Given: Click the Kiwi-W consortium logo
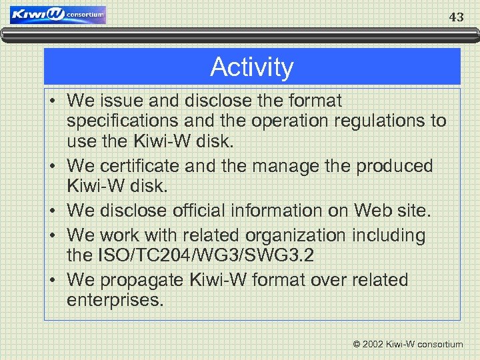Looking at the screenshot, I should coord(58,15).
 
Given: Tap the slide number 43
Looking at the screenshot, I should coord(456,17).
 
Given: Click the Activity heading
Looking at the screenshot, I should coord(252,67).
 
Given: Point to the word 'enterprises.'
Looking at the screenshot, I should coord(115,301).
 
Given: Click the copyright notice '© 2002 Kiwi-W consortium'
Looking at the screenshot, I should coord(407,344).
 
